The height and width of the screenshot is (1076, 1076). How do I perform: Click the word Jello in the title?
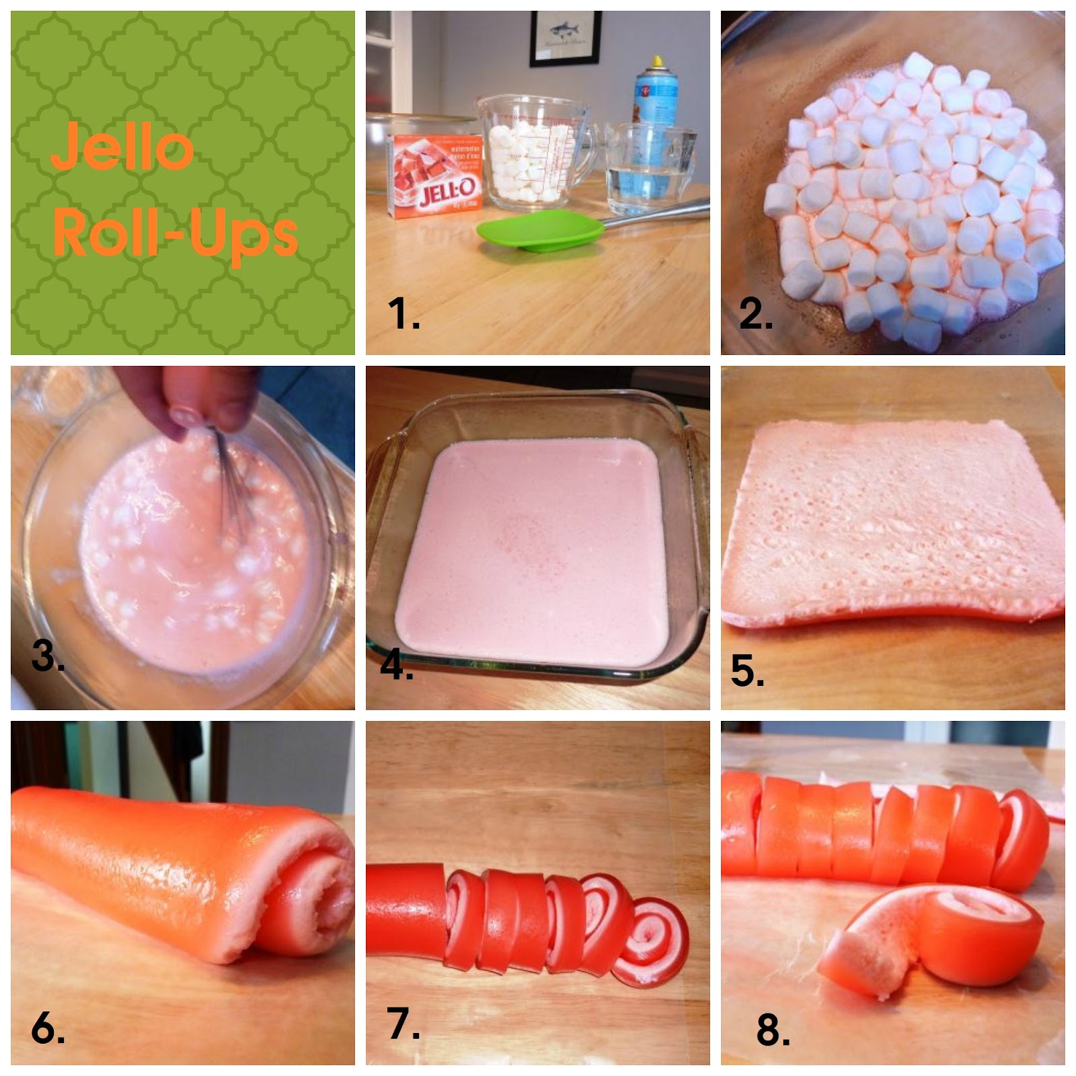point(122,146)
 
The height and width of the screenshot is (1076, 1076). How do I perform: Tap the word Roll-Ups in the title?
point(175,232)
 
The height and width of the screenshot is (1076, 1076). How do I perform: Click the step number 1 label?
point(403,314)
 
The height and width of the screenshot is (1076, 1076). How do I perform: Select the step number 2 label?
point(755,313)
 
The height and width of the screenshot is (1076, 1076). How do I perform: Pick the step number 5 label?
point(747,671)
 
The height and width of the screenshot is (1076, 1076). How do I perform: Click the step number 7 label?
point(403,1024)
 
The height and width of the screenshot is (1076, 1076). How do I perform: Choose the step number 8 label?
point(773,1030)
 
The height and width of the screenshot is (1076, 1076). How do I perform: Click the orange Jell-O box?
point(436,176)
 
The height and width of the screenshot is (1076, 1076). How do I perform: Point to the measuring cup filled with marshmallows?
point(531,151)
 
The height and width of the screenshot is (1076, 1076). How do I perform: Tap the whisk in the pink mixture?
point(232,484)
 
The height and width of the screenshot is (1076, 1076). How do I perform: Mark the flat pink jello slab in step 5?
point(894,521)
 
